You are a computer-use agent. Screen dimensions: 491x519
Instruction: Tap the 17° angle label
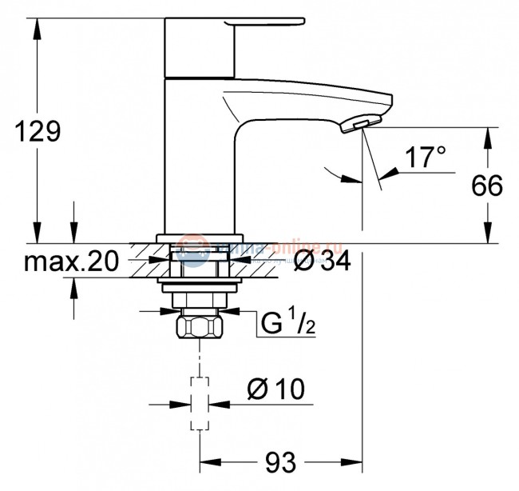pyautogui.click(x=423, y=158)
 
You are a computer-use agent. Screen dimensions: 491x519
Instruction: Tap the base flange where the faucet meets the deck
pyautogui.click(x=197, y=238)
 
